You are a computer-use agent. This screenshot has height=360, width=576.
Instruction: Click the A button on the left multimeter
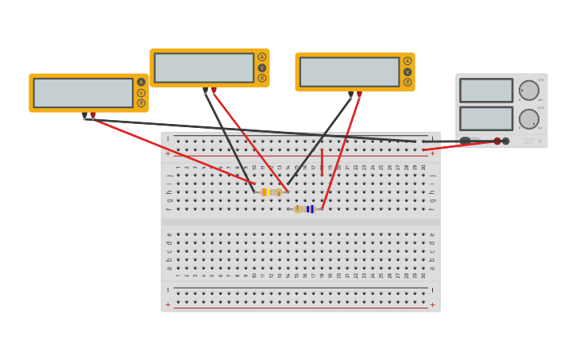(x=141, y=82)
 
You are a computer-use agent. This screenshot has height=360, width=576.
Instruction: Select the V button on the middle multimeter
(x=262, y=68)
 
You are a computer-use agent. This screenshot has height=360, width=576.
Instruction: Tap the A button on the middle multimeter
(x=262, y=57)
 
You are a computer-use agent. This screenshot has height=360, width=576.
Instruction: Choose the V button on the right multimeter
(x=408, y=72)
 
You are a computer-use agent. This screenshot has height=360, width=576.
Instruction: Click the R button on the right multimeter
(x=408, y=82)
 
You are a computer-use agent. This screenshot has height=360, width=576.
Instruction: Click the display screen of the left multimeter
(x=83, y=92)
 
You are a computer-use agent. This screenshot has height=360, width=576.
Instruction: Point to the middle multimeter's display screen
(x=204, y=68)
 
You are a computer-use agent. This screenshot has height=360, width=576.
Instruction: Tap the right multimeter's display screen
(x=350, y=72)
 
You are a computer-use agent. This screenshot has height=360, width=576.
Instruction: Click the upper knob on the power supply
(x=528, y=90)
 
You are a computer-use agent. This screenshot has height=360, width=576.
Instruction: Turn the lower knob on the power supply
(x=528, y=119)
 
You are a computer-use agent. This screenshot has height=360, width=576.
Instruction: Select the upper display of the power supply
(x=486, y=90)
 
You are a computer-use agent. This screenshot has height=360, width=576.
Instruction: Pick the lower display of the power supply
(x=486, y=118)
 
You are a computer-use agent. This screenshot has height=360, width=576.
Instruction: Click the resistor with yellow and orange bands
(x=271, y=192)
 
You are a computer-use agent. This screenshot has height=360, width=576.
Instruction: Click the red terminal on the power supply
(x=497, y=141)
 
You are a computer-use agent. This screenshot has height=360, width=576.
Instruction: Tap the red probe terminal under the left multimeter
(x=93, y=115)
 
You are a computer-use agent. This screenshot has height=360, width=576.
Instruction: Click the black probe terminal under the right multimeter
(x=350, y=95)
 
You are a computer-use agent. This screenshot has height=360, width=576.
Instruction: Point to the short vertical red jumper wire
(x=322, y=162)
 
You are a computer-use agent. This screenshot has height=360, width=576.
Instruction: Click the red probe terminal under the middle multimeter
(x=214, y=90)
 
